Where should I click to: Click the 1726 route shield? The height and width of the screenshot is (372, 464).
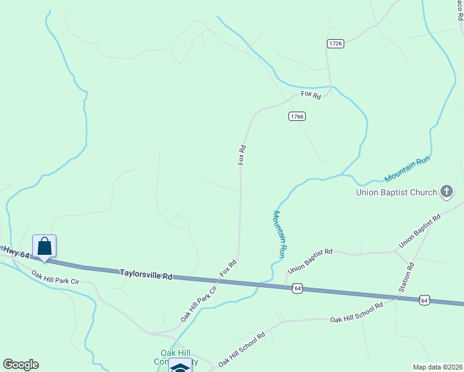pyautogui.click(x=335, y=43)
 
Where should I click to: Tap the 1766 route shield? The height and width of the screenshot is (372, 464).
pyautogui.click(x=297, y=116)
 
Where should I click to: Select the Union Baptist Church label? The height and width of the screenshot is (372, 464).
pyautogui.click(x=396, y=192)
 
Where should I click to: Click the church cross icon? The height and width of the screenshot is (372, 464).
pyautogui.click(x=447, y=192)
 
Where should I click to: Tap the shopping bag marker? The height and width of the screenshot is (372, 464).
pyautogui.click(x=45, y=246)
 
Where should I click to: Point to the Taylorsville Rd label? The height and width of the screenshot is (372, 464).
pyautogui.click(x=146, y=273)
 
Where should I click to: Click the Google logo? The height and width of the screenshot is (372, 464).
pyautogui.click(x=20, y=365)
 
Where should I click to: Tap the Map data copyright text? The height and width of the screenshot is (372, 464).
pyautogui.click(x=437, y=367)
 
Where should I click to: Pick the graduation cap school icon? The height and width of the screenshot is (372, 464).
pyautogui.click(x=180, y=366)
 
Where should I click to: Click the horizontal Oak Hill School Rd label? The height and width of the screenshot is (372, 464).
pyautogui.click(x=357, y=319)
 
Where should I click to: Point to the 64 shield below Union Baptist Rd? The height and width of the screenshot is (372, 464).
pyautogui.click(x=298, y=288)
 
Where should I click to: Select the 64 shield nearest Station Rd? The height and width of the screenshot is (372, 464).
pyautogui.click(x=424, y=300)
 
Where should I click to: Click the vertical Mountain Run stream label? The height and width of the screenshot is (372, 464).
pyautogui.click(x=279, y=234)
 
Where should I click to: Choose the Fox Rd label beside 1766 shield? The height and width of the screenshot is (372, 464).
pyautogui.click(x=311, y=95)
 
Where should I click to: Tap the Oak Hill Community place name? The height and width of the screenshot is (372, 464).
pyautogui.click(x=179, y=357)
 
